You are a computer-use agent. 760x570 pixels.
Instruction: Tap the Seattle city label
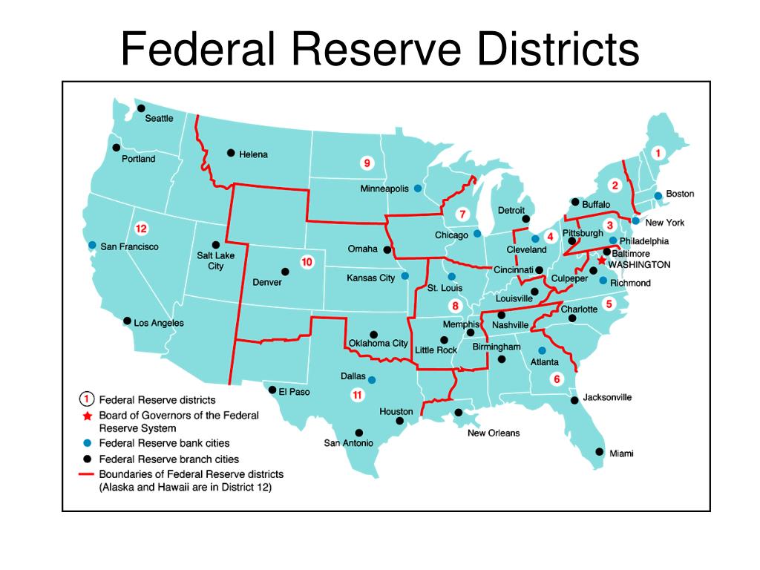pyautogui.click(x=159, y=118)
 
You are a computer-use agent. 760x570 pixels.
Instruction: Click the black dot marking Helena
pyautogui.click(x=230, y=153)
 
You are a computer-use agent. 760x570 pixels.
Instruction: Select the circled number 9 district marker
pyautogui.click(x=365, y=163)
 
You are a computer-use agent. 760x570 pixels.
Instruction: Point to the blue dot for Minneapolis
pyautogui.click(x=418, y=189)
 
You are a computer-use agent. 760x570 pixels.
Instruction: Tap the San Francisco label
pyautogui.click(x=129, y=246)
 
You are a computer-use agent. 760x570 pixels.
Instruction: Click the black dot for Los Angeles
pyautogui.click(x=127, y=321)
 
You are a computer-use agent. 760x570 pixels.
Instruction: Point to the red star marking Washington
pyautogui.click(x=602, y=261)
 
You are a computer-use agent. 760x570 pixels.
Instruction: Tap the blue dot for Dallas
pyautogui.click(x=372, y=380)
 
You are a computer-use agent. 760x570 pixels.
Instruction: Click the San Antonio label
pyautogui.click(x=347, y=443)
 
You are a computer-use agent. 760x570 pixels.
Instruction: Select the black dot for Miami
pyautogui.click(x=600, y=451)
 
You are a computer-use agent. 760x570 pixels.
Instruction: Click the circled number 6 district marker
pyautogui.click(x=557, y=379)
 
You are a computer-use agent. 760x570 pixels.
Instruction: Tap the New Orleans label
pyautogui.click(x=494, y=433)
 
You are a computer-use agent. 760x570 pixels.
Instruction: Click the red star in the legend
pyautogui.click(x=87, y=416)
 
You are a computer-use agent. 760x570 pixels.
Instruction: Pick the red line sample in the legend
pyautogui.click(x=87, y=474)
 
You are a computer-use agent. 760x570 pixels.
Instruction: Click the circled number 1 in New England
pyautogui.click(x=657, y=153)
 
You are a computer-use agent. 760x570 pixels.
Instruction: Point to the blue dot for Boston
pyautogui.click(x=658, y=195)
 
